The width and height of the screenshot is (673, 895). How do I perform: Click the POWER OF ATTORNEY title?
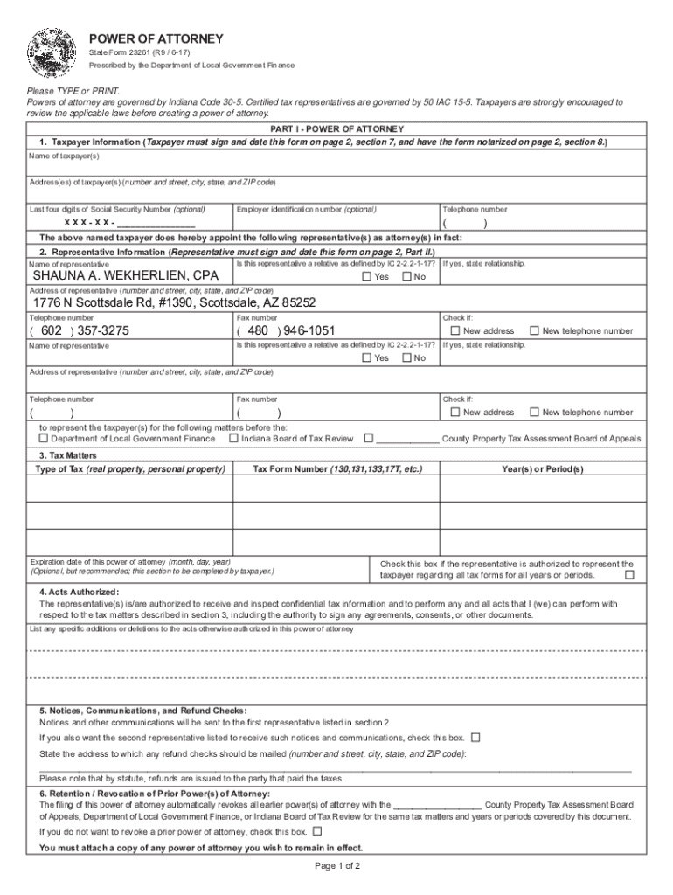pyautogui.click(x=156, y=39)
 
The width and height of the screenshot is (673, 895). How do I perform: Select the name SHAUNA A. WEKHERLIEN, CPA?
pyautogui.click(x=126, y=277)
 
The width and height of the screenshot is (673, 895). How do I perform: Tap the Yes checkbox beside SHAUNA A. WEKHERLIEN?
pyautogui.click(x=367, y=277)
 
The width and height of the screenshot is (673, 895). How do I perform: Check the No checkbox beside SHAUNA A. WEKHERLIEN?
pyautogui.click(x=406, y=277)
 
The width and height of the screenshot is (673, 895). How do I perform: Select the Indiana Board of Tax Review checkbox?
pyautogui.click(x=233, y=439)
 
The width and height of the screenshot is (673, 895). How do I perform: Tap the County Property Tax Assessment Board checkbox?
pyautogui.click(x=369, y=439)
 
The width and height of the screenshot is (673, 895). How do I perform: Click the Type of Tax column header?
pyautogui.click(x=129, y=469)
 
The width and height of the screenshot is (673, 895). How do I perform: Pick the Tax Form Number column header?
pyautogui.click(x=337, y=469)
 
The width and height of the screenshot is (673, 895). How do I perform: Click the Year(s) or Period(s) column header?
pyautogui.click(x=542, y=469)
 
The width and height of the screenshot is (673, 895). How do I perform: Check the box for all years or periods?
pyautogui.click(x=629, y=575)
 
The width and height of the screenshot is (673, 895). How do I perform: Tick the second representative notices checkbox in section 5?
pyautogui.click(x=475, y=737)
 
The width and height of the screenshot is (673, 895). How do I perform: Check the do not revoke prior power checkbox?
pyautogui.click(x=317, y=831)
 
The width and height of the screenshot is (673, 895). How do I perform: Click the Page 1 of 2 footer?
pyautogui.click(x=336, y=866)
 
